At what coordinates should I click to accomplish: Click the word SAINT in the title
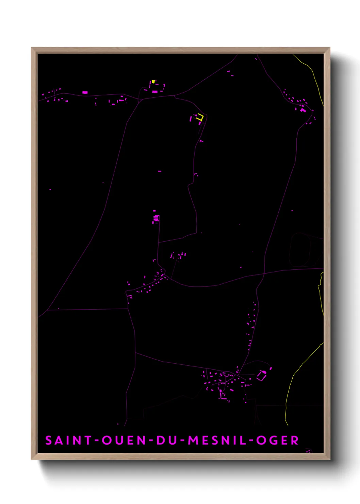[68, 440]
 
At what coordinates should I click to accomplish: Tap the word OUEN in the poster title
[124, 440]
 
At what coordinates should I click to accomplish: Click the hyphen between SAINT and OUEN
[97, 441]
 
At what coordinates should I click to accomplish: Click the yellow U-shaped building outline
[200, 117]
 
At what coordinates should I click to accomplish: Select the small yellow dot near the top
[153, 81]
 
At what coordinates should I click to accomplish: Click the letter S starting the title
[49, 440]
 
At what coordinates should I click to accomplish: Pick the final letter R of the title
[295, 440]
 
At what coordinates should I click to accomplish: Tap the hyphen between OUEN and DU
[151, 441]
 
